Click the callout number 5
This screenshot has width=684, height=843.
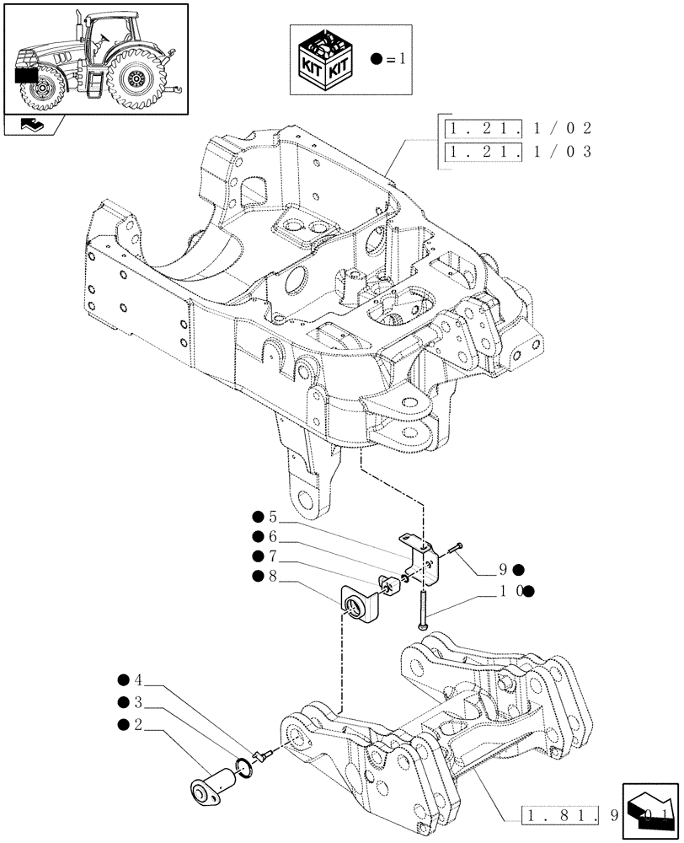(x=272, y=517)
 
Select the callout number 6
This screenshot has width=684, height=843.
(x=272, y=537)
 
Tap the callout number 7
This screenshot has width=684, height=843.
(x=272, y=556)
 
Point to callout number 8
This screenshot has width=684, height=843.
(x=272, y=576)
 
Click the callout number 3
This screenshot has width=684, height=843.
(x=139, y=702)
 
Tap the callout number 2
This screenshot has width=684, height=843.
(x=139, y=724)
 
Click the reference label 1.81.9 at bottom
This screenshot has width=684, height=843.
(x=590, y=815)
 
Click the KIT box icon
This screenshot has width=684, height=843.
(x=324, y=61)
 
